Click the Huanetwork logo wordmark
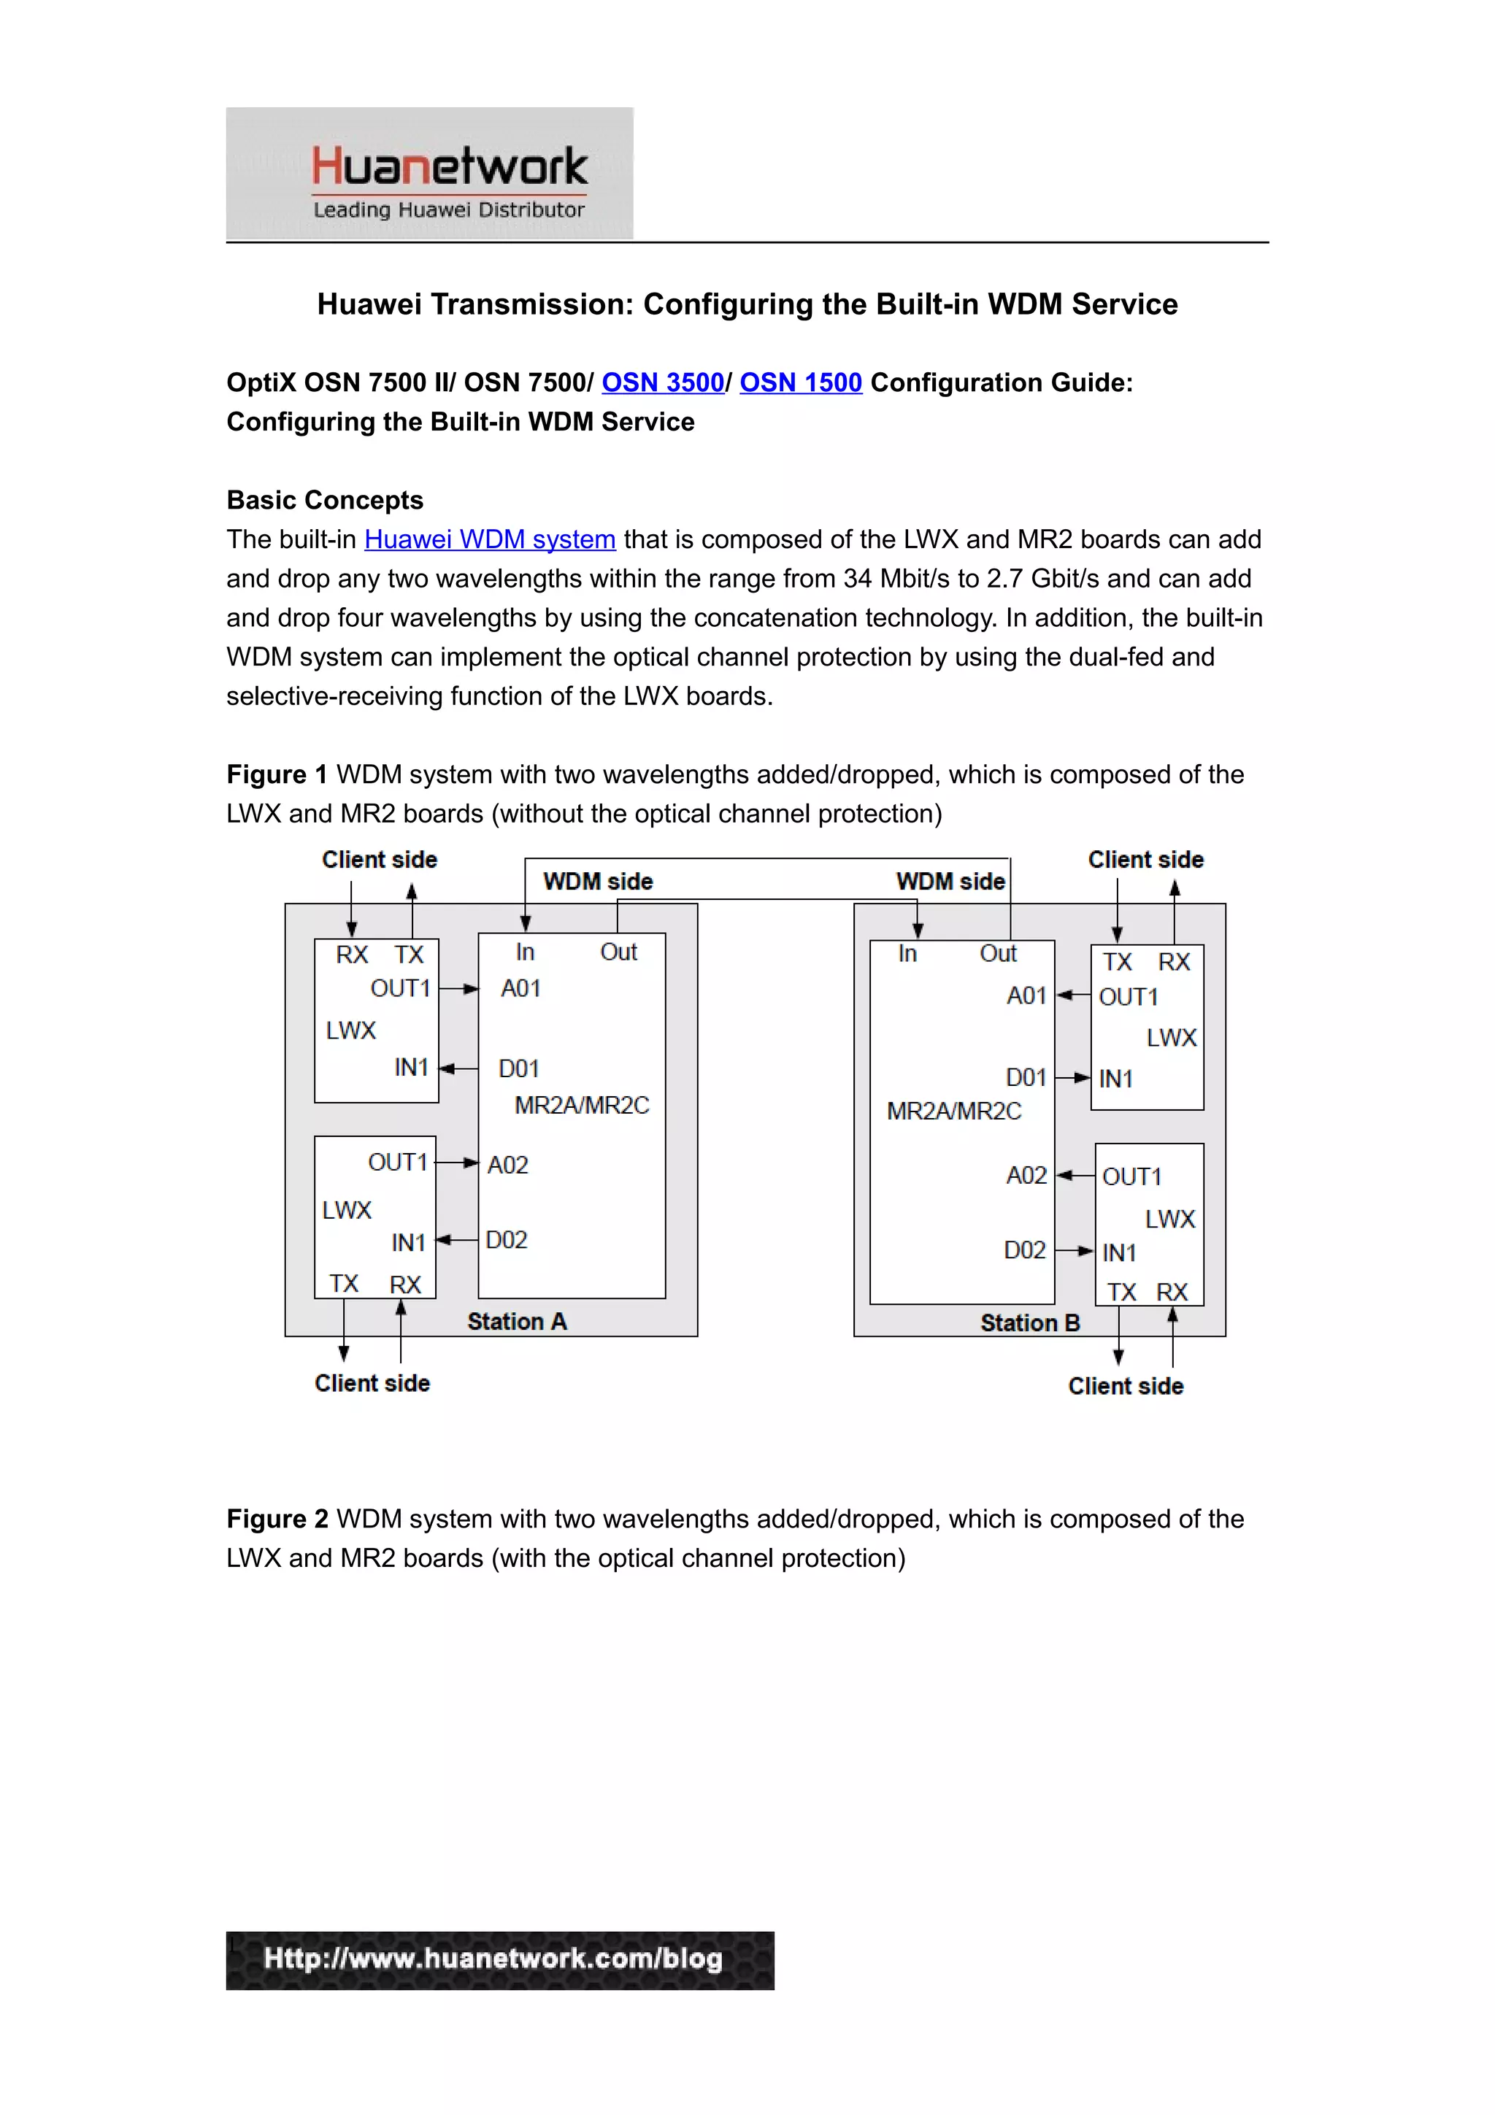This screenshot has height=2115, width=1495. point(449,166)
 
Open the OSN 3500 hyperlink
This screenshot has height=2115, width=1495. point(662,382)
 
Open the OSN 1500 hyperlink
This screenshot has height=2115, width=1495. point(801,382)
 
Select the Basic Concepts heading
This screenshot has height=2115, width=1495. point(324,499)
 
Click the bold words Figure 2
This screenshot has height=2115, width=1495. point(277,1518)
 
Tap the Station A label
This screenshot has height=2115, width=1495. point(517,1321)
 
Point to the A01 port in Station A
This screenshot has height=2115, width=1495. point(520,988)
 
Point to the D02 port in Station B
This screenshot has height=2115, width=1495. point(1024,1250)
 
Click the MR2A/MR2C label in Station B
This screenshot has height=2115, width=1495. point(953,1111)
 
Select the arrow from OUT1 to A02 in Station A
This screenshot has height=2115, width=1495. point(457,1163)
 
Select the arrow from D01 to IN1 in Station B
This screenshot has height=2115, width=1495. point(1072,1078)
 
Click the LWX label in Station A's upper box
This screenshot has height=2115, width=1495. point(351,1030)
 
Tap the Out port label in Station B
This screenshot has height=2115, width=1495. point(998,953)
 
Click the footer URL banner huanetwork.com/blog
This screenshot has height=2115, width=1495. point(499,1960)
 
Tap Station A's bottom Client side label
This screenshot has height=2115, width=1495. point(372,1383)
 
